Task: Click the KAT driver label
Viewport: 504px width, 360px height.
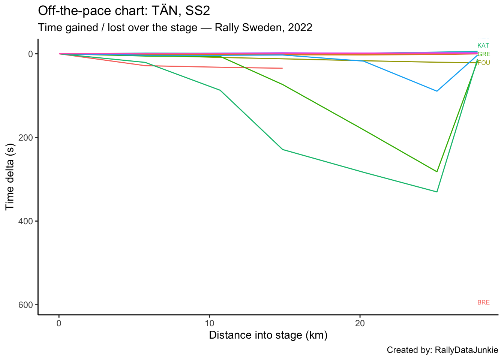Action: (483, 46)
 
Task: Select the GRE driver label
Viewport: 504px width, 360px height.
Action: (484, 54)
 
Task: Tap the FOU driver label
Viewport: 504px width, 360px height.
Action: (484, 63)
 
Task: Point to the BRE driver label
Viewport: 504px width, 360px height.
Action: (483, 303)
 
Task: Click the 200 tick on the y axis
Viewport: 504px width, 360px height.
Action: (26, 138)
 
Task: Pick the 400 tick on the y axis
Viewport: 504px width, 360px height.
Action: (26, 221)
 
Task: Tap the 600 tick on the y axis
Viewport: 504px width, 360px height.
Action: (26, 305)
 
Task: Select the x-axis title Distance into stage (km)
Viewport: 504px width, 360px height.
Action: (268, 335)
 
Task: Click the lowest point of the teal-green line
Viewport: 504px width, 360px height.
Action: (437, 192)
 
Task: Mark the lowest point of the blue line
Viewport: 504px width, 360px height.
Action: (437, 91)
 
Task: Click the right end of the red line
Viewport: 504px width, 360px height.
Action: (282, 68)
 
